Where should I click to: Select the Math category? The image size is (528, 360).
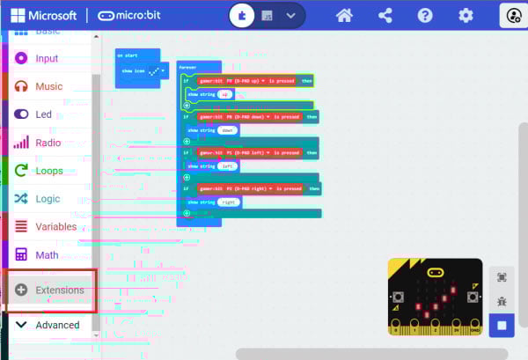[x=47, y=255]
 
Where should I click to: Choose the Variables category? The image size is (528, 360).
[x=55, y=226]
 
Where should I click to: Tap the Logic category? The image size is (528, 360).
[x=48, y=198]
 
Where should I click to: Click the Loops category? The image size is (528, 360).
[x=48, y=170]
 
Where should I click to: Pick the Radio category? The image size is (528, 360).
[x=48, y=142]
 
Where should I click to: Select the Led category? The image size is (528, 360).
[x=43, y=114]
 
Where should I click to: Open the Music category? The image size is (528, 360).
[x=48, y=86]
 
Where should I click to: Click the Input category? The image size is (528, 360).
[x=47, y=58]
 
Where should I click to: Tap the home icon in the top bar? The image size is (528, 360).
[x=344, y=16]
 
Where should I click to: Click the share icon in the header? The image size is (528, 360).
[x=385, y=16]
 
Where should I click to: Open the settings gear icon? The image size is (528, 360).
[x=466, y=16]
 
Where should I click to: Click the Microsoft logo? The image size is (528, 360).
[x=44, y=16]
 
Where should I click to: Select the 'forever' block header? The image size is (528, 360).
[x=188, y=67]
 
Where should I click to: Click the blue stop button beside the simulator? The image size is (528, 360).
[x=502, y=325]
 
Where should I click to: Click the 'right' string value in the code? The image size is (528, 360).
[x=230, y=202]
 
